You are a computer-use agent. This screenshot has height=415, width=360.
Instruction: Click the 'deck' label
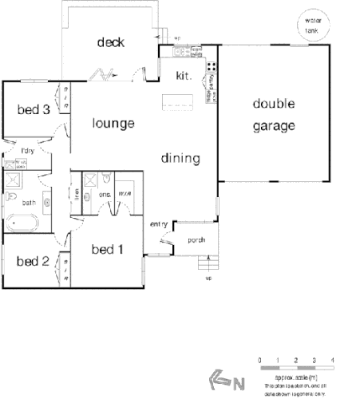click(110, 42)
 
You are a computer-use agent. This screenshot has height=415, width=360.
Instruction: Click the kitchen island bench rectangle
click(178, 102)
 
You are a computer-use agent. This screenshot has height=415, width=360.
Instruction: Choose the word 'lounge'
click(113, 124)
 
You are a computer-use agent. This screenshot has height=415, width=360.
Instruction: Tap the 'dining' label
click(180, 158)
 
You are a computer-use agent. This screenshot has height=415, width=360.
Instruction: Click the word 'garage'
click(275, 125)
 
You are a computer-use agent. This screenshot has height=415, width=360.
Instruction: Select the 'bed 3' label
click(34, 109)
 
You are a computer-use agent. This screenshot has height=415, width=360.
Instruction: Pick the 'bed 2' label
click(33, 260)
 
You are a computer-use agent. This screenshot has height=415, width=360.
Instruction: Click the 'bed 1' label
click(107, 249)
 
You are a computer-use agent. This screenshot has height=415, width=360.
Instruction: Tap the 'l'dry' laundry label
click(28, 151)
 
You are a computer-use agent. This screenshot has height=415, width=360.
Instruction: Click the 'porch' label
click(196, 239)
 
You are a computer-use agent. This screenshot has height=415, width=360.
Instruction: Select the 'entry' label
click(158, 224)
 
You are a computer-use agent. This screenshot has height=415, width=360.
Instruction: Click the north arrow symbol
click(219, 381)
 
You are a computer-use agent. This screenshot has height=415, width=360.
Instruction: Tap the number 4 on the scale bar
click(332, 362)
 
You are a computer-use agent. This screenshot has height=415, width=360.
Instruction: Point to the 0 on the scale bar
click(259, 362)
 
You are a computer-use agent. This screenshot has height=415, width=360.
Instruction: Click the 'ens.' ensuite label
click(105, 194)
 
